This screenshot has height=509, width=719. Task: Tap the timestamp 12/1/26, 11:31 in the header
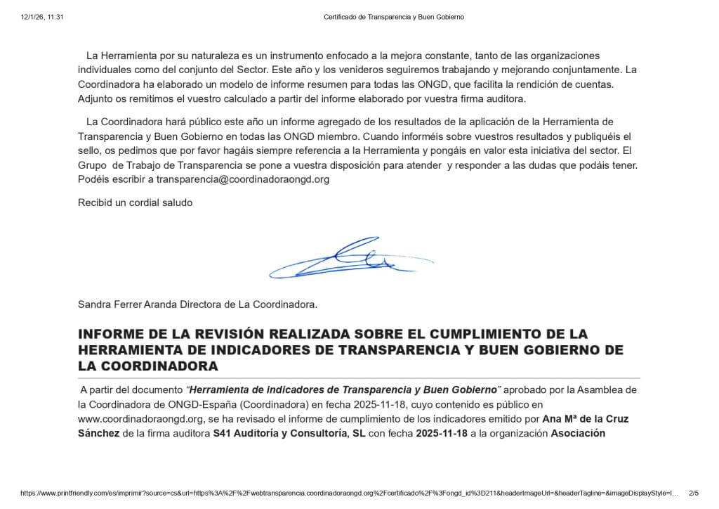pyautogui.click(x=42, y=16)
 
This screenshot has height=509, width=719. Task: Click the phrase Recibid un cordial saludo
pyautogui.click(x=135, y=202)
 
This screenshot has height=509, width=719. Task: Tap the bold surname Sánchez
pyautogui.click(x=98, y=433)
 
